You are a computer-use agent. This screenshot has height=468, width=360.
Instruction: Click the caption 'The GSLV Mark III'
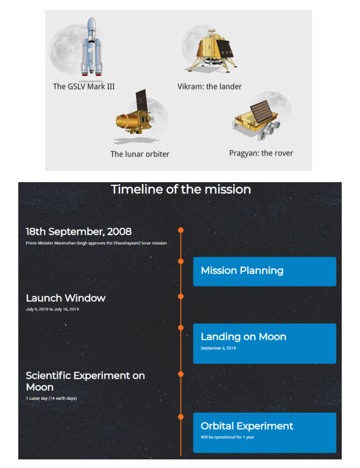coord(84,87)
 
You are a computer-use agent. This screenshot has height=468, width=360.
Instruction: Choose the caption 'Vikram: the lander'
coord(210,87)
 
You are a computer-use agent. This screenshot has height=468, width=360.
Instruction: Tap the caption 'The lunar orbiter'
coord(140,154)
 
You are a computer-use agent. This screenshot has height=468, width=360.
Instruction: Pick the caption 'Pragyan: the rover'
coord(261,153)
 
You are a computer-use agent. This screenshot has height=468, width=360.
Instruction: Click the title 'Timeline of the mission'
coord(181,190)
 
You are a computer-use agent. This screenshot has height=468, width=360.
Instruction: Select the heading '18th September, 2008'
coord(78,232)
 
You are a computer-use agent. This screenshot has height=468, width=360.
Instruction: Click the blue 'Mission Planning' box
coord(265,271)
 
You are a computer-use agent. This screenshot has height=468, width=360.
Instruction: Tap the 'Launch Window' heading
coord(66,298)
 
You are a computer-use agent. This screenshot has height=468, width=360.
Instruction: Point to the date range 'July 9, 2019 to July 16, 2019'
coord(53,309)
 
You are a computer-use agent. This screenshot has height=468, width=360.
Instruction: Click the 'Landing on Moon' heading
coord(243,337)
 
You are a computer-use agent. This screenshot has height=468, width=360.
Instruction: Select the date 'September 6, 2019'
coord(218,348)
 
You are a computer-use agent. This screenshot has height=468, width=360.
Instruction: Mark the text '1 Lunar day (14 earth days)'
coord(52,398)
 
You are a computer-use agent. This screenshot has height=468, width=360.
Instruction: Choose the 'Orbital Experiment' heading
coord(247,426)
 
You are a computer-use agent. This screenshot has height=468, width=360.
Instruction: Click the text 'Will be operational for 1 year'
coord(227,437)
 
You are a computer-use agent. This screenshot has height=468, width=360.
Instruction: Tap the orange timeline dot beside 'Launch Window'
coord(181,297)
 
